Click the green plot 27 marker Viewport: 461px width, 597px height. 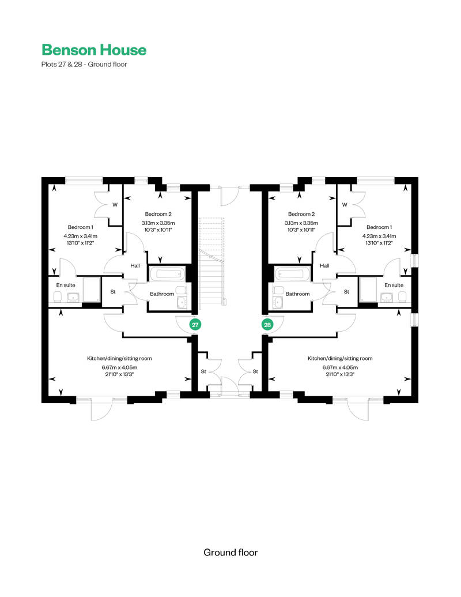(195, 325)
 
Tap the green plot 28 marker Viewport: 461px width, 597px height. (267, 325)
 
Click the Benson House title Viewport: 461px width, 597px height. (94, 50)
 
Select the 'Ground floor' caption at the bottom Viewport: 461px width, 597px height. (231, 553)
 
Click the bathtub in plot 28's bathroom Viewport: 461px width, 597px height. (293, 274)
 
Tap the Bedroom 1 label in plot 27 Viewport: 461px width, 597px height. (80, 227)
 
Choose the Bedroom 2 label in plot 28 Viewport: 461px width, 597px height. (301, 214)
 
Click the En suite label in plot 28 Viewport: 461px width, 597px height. (394, 285)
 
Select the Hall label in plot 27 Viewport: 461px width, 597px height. (135, 266)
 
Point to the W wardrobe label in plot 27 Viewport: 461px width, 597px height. (115, 205)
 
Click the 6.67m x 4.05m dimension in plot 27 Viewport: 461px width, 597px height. (119, 367)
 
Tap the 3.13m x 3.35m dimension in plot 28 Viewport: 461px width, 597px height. (301, 223)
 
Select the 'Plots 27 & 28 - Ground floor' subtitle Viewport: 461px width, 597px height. (84, 65)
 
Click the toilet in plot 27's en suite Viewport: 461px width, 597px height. (58, 297)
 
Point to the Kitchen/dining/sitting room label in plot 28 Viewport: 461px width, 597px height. (340, 358)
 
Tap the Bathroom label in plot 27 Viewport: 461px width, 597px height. (162, 294)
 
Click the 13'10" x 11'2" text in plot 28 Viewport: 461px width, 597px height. (379, 243)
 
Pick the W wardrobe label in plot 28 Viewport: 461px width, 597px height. (345, 205)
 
